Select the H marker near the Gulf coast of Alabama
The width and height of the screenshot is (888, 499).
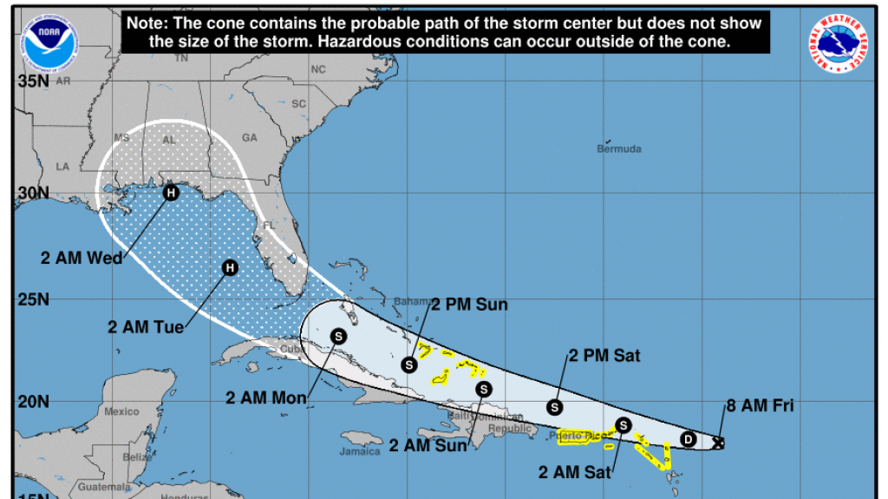tap(171, 193)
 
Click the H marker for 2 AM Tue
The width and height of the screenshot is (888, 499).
tap(230, 267)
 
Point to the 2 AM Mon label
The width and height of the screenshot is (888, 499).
tap(265, 398)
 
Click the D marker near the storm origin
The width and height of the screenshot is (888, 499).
tap(689, 438)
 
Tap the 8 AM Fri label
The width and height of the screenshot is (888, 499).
tap(760, 404)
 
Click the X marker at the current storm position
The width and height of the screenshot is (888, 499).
tap(718, 443)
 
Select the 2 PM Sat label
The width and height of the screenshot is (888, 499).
tap(604, 355)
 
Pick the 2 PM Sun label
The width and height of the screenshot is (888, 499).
tap(469, 305)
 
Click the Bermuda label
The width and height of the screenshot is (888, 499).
tap(619, 149)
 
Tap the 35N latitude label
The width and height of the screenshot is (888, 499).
tap(32, 82)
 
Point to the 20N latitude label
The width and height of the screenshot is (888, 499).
tap(32, 402)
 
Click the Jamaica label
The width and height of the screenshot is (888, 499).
tap(360, 451)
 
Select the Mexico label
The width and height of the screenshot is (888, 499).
tap(121, 411)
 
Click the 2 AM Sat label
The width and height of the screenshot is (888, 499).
tap(575, 473)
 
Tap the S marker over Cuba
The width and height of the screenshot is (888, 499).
tap(338, 336)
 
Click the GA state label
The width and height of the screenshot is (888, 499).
tap(250, 137)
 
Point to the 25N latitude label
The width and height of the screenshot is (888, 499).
tap(32, 300)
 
